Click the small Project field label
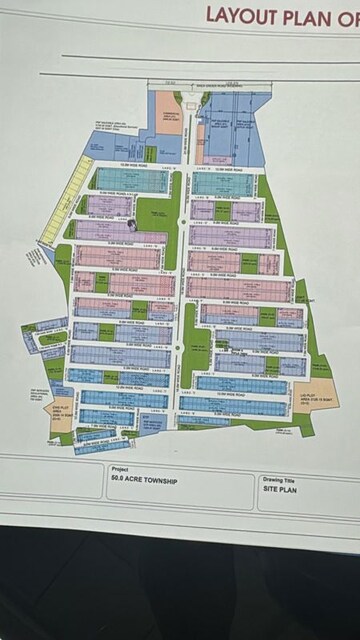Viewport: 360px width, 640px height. pyautogui.click(x=120, y=467)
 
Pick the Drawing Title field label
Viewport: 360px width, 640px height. pyautogui.click(x=279, y=479)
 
